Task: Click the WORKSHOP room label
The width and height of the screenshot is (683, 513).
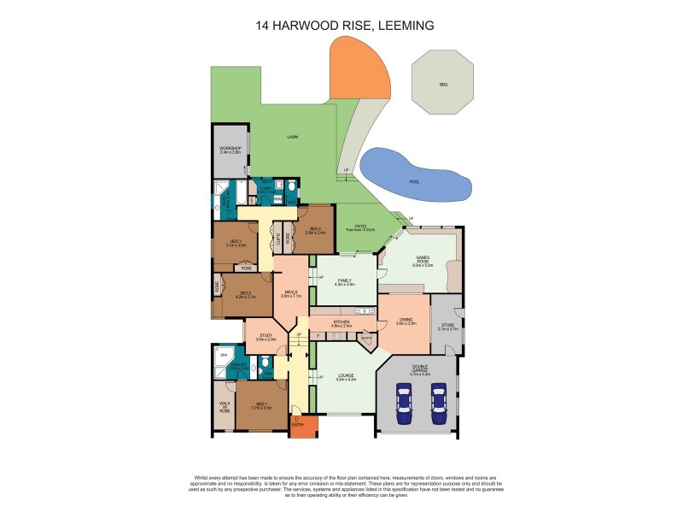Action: click(231, 150)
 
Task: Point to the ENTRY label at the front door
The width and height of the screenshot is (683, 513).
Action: click(297, 424)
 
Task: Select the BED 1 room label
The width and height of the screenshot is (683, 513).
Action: click(261, 407)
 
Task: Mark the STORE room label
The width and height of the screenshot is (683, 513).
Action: click(448, 327)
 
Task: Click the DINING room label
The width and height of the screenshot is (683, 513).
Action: click(406, 321)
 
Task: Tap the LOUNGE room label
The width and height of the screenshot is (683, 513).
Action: click(346, 375)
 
